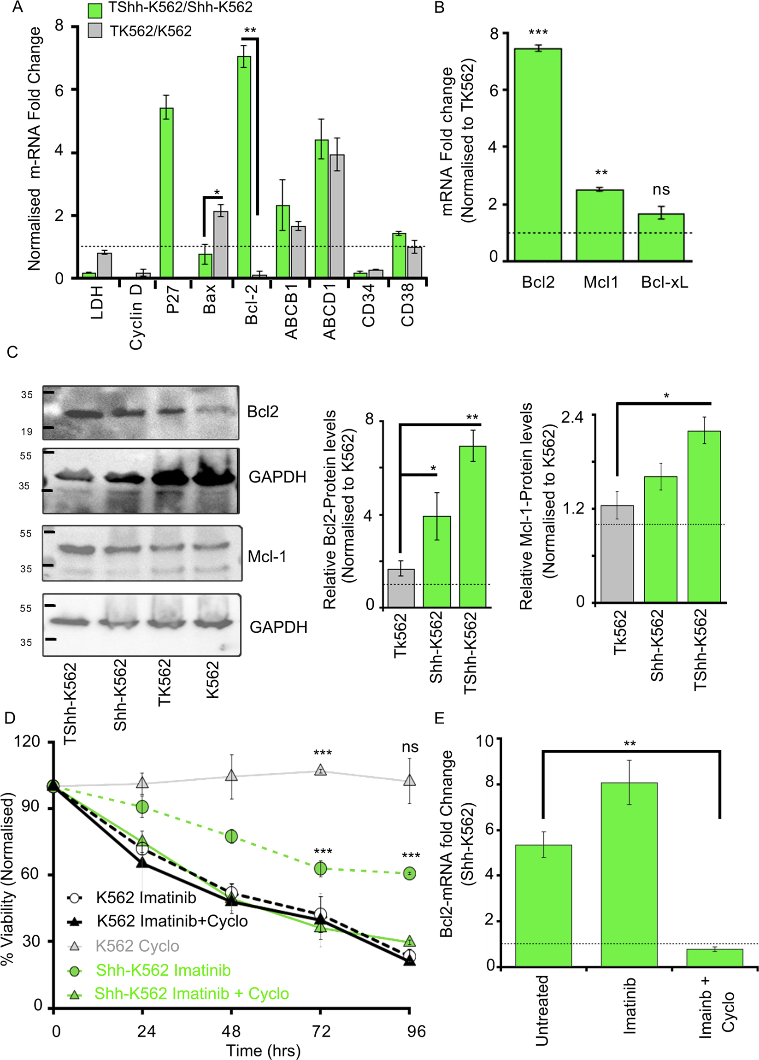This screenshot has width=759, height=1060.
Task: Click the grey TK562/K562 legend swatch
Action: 95,31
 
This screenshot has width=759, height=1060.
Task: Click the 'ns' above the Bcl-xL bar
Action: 661,190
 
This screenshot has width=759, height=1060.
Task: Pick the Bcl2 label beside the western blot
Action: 263,411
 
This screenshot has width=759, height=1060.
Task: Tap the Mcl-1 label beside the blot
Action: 267,556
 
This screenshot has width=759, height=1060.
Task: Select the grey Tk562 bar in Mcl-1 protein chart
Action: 617,554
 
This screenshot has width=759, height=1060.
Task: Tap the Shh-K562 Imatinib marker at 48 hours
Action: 231,836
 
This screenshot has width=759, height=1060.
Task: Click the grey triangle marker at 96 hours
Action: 409,781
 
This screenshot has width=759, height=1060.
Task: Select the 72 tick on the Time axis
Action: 321,1031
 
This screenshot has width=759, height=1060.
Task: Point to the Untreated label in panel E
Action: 541,1010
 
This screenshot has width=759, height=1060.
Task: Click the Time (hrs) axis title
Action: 263,1051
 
